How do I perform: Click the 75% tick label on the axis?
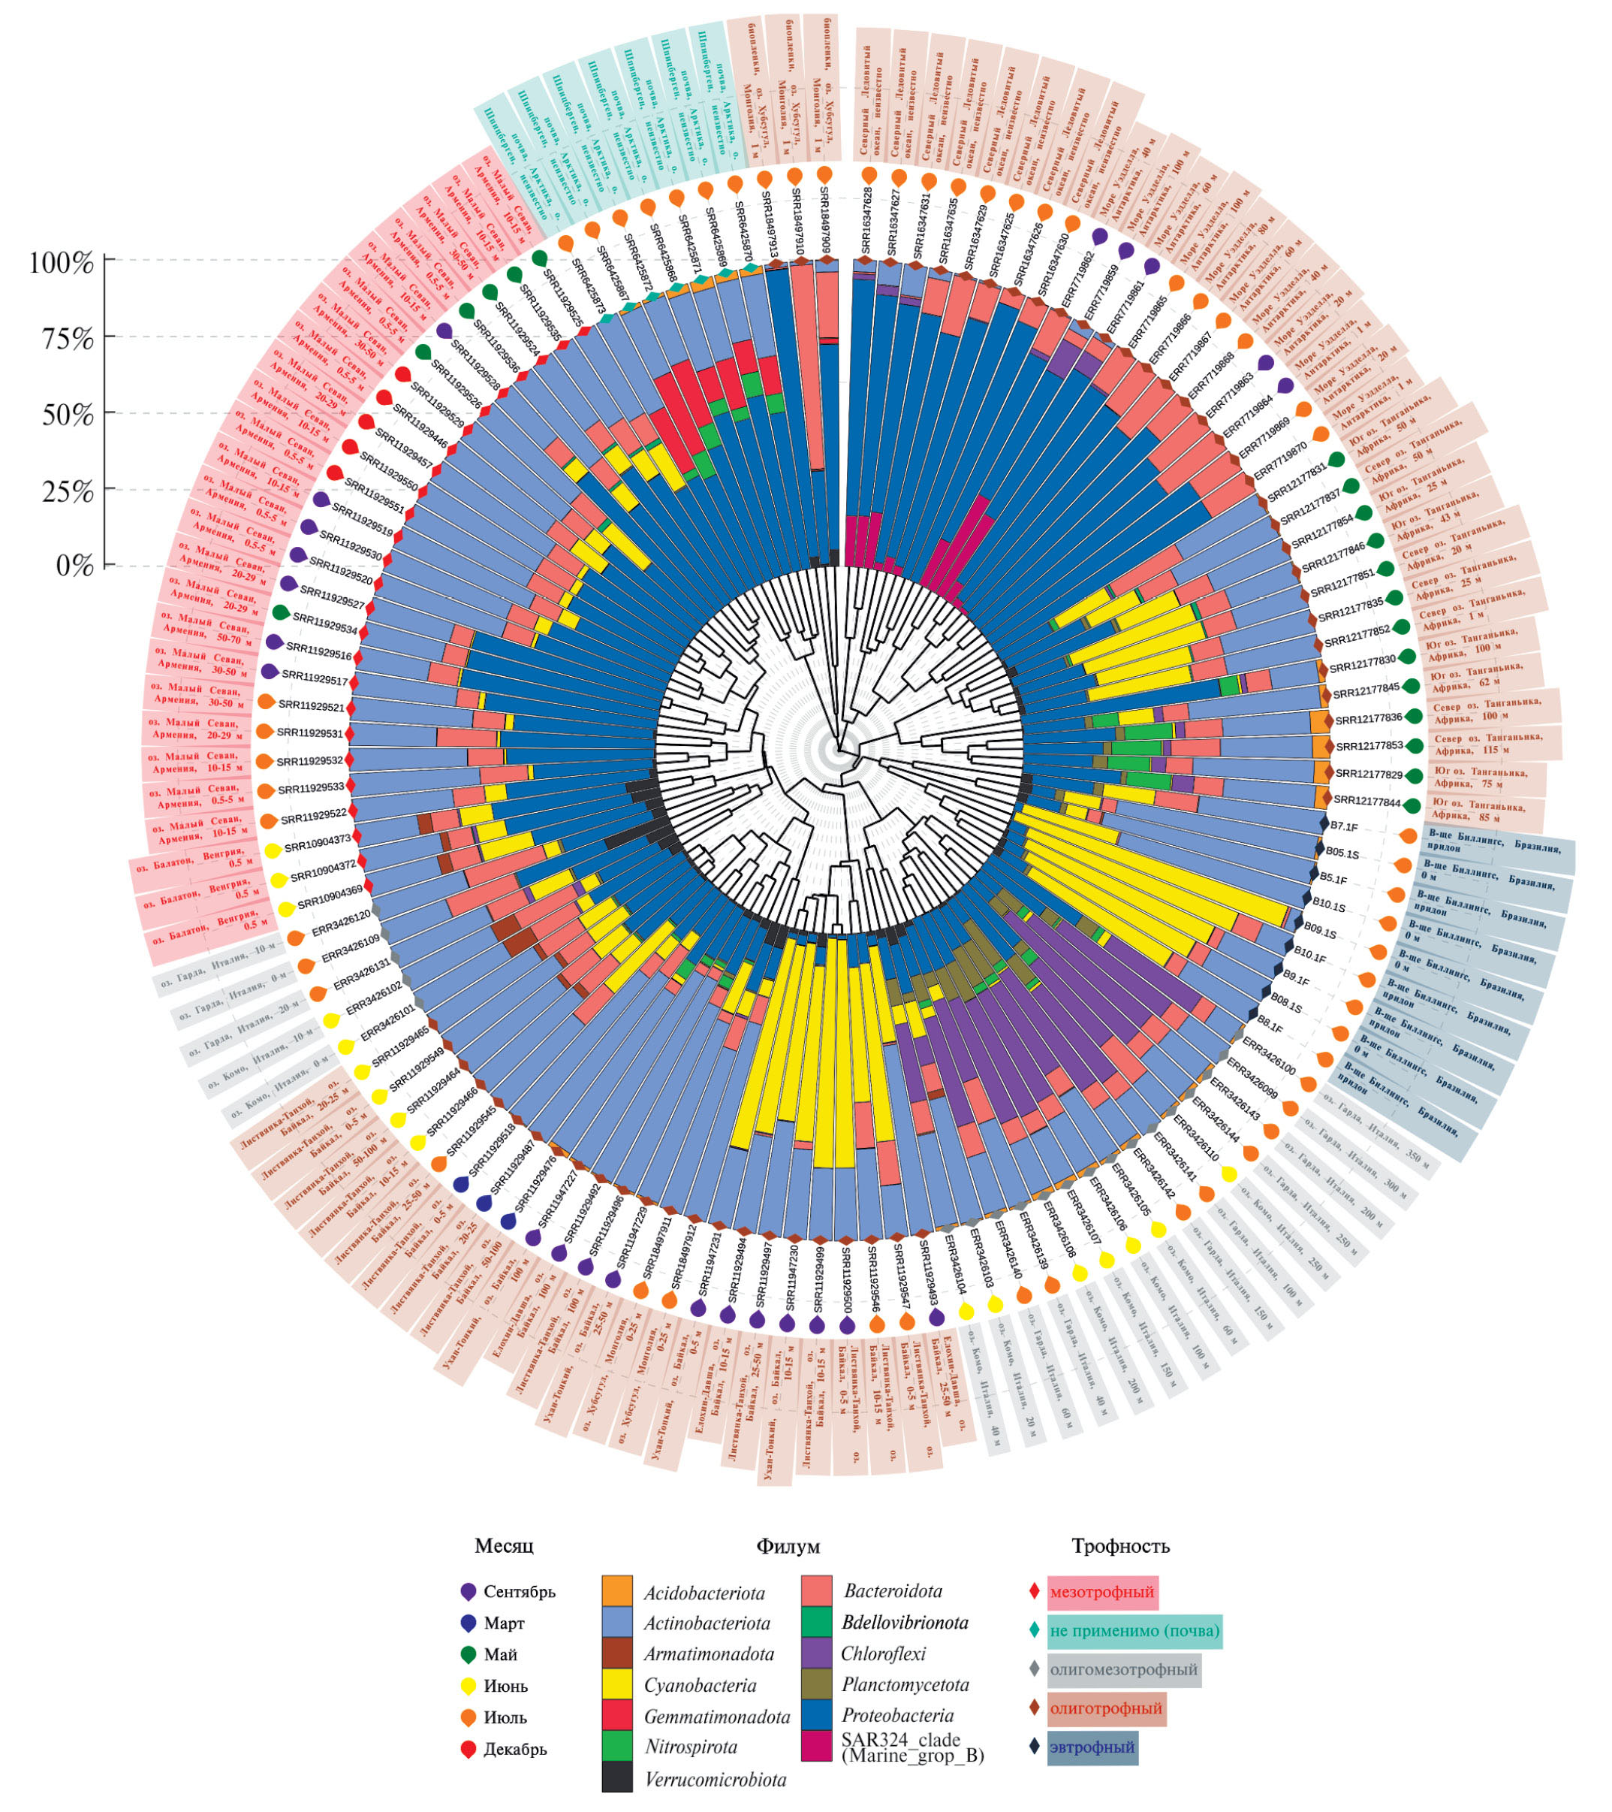click(x=68, y=339)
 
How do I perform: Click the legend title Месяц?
click(x=505, y=1545)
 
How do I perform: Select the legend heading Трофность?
click(x=1120, y=1545)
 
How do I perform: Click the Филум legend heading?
click(x=788, y=1546)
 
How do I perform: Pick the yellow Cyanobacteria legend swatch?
click(x=617, y=1684)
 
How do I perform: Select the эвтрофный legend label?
click(x=1092, y=1747)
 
